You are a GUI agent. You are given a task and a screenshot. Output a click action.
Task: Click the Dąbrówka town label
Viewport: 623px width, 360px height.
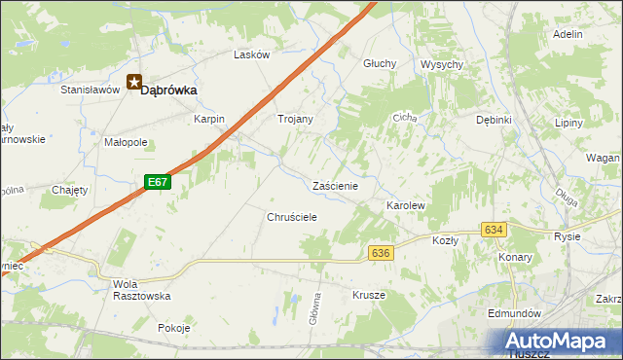[x=169, y=90]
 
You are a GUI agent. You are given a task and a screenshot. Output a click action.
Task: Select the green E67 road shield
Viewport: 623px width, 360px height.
[x=158, y=182]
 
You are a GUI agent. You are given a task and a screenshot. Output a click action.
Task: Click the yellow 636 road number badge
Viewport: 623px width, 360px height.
[x=381, y=253]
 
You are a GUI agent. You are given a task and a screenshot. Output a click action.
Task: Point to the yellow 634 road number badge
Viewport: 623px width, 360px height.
[x=494, y=230]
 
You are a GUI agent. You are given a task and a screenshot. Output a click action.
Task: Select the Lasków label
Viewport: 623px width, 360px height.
[x=251, y=55]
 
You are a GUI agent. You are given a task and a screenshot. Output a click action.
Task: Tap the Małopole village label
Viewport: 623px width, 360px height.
[x=126, y=142]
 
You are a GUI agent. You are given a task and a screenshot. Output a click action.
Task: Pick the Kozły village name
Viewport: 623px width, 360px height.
[x=445, y=239]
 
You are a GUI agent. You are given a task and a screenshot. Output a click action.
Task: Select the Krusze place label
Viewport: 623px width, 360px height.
[x=369, y=294]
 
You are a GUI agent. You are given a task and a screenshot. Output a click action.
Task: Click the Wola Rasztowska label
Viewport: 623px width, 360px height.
[x=142, y=290]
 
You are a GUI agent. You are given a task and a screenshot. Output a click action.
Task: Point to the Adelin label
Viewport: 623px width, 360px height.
[x=568, y=34]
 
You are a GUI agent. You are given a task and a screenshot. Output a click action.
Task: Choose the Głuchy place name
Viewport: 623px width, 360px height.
[x=379, y=63]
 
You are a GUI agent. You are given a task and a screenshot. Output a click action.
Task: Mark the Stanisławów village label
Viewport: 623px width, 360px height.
[x=90, y=90]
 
